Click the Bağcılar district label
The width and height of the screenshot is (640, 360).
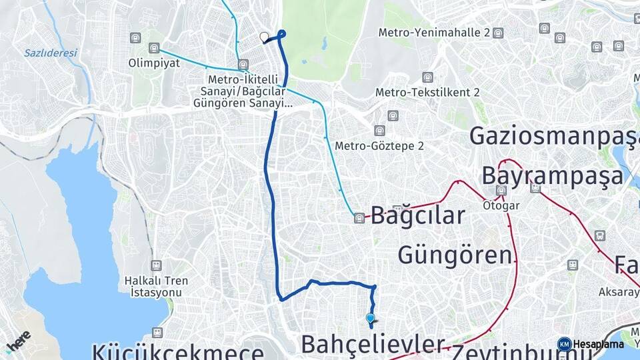[x=417, y=215]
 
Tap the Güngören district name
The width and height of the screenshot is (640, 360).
[x=457, y=254]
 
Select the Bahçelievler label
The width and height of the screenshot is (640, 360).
[x=373, y=344]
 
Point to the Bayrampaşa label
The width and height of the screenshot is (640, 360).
[x=553, y=175]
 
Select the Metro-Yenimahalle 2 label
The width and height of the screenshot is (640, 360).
[x=434, y=32]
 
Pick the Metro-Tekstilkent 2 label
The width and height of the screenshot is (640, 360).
[x=427, y=93]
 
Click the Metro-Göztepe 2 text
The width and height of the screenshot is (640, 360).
[x=379, y=145]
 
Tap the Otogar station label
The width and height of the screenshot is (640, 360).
[x=501, y=206]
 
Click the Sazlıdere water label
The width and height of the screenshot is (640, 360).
[x=51, y=53]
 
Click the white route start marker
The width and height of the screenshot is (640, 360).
[x=264, y=37]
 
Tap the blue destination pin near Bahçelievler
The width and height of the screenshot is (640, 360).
[x=370, y=319]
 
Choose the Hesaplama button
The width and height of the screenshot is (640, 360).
[x=593, y=344]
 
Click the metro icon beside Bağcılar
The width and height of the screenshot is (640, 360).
[x=360, y=217]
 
